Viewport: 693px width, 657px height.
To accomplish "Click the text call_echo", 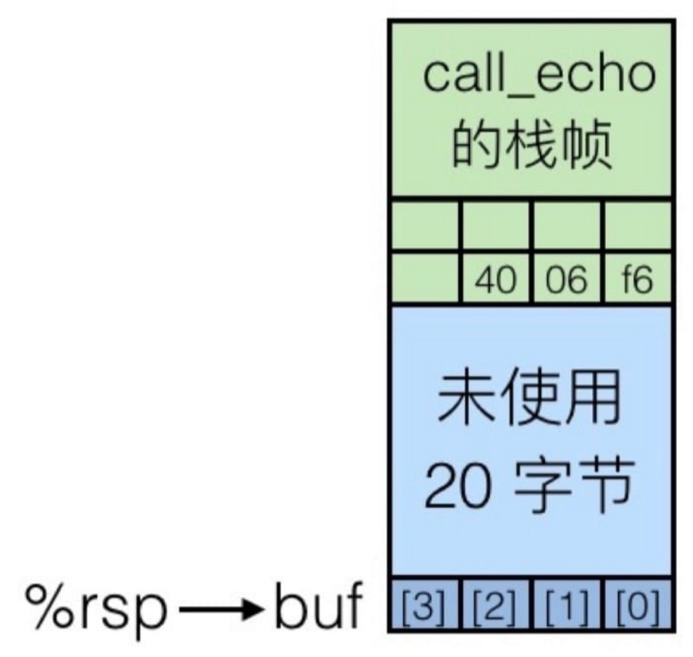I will tap(539, 76).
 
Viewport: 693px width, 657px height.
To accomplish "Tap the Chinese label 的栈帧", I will tap(533, 144).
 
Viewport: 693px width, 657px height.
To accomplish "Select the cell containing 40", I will tap(495, 280).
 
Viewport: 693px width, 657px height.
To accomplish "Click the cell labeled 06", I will tap(567, 280).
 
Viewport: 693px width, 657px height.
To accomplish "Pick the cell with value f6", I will tap(636, 280).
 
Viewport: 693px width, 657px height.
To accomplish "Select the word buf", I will tap(318, 608).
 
